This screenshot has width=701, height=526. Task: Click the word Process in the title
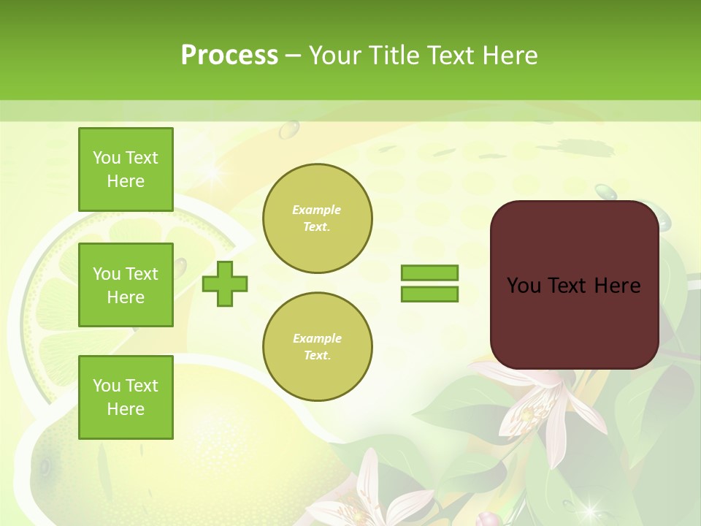point(229,55)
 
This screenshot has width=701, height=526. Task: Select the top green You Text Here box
point(126,169)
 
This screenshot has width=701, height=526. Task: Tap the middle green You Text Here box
point(126,285)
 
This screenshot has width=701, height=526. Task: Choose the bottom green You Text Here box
point(126,397)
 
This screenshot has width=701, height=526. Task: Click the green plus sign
point(225,283)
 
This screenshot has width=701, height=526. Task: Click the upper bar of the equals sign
point(429,272)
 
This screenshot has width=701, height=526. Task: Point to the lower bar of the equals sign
point(429,294)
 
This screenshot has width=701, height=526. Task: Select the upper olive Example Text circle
point(317,218)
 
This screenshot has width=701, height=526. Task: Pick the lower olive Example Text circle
point(317,346)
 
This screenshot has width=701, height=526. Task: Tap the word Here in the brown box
point(617,286)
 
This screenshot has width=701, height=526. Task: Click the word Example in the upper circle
point(317,210)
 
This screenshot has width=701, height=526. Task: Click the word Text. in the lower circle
point(317,356)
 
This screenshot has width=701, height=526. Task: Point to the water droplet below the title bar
point(289,129)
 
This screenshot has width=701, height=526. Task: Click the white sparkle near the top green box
point(212,172)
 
